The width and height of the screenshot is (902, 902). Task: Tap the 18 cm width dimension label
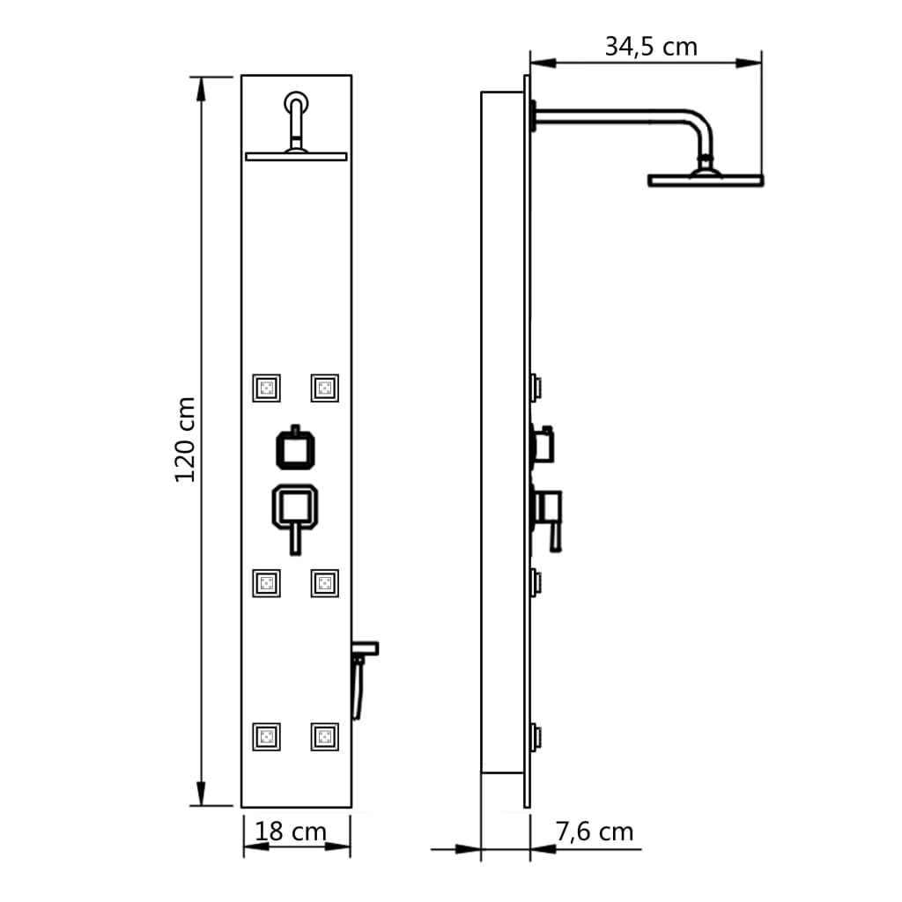click(x=291, y=832)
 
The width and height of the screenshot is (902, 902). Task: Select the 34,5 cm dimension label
click(x=650, y=47)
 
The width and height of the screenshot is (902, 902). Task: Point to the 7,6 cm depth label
click(x=595, y=831)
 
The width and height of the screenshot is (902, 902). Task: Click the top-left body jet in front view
click(x=267, y=388)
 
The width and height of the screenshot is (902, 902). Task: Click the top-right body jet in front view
click(x=324, y=388)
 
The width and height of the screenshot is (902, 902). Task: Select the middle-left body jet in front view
click(x=267, y=582)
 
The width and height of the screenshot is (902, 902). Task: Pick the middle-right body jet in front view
click(x=324, y=582)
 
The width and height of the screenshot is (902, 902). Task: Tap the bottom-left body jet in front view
click(x=267, y=736)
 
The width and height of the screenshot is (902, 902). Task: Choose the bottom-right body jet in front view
click(x=324, y=736)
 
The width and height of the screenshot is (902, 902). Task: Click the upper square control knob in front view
click(x=296, y=448)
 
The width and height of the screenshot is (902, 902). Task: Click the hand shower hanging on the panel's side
click(x=359, y=683)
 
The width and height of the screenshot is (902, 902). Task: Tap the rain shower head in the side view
click(x=705, y=180)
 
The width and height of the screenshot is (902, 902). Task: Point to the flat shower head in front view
click(x=296, y=156)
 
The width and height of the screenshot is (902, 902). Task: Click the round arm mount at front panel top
click(x=297, y=100)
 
